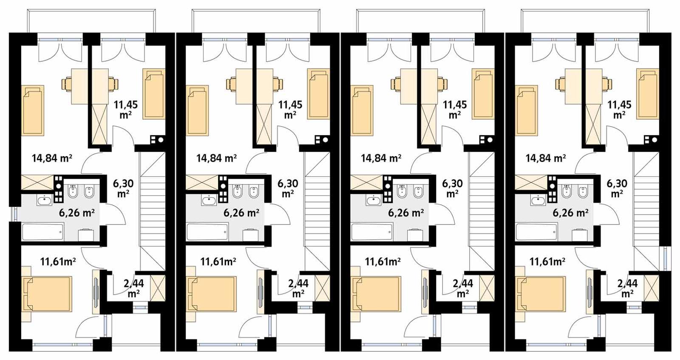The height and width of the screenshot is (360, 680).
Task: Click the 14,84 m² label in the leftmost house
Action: point(52,159)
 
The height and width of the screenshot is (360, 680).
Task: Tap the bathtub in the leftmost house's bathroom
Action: point(43,232)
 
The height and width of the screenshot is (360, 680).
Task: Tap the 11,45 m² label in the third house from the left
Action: point(455,109)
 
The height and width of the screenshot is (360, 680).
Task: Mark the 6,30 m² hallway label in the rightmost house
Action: point(617,188)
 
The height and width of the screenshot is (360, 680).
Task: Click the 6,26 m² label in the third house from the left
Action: point(406,213)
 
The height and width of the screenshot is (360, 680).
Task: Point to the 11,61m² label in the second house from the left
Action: point(218,262)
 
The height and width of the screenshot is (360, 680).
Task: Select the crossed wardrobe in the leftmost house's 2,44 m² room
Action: point(157,288)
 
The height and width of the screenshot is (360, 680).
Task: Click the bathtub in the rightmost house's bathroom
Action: point(536,232)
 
